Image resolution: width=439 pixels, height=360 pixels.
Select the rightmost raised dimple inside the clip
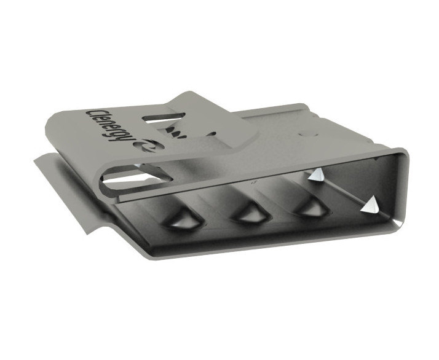310,206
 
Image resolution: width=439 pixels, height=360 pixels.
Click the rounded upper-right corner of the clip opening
403,152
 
